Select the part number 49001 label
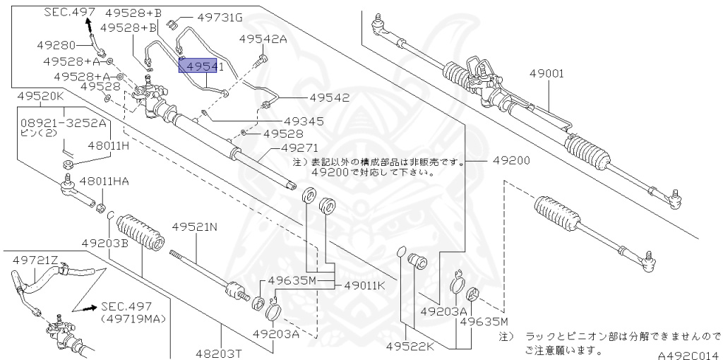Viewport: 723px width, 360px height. point(544,73)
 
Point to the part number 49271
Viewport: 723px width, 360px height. point(300,149)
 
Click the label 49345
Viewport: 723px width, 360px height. point(304,121)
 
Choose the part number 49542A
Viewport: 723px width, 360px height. point(263,40)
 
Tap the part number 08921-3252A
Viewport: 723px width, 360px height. point(63,122)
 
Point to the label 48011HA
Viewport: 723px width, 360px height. point(104,181)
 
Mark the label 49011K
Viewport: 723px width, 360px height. point(364,286)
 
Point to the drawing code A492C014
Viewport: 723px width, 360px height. point(687,354)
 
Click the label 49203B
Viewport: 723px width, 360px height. point(104,243)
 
